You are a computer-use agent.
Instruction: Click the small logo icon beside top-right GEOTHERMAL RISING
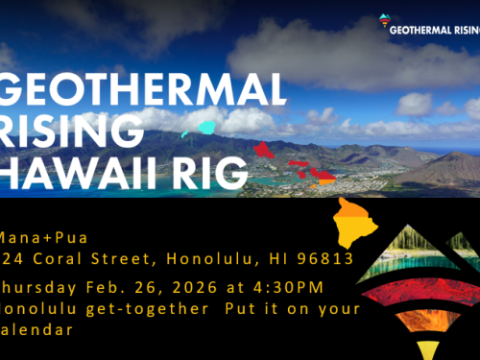tap(386, 20)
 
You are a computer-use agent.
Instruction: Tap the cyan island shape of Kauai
tap(206, 127)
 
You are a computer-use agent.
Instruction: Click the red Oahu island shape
tap(265, 151)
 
